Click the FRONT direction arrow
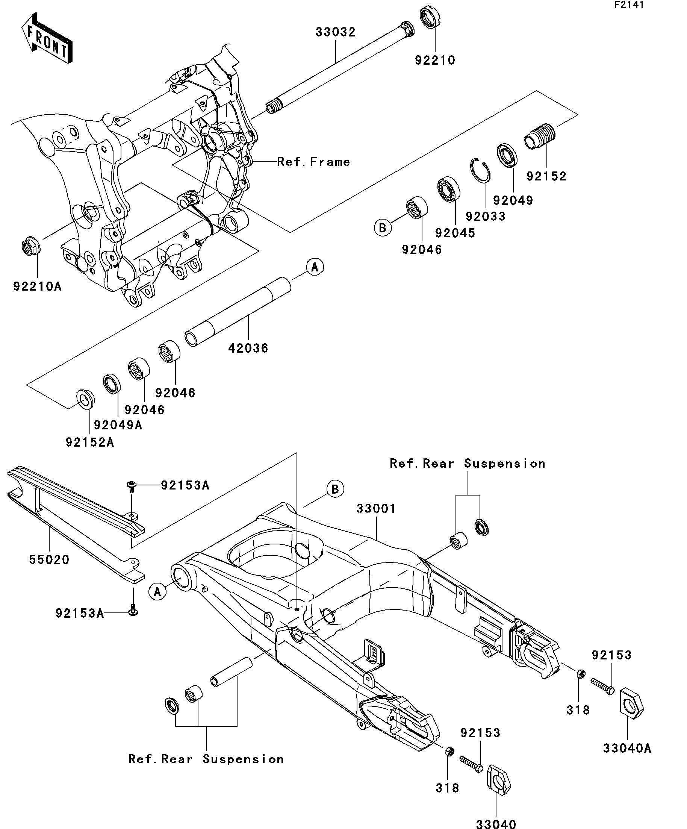(x=47, y=38)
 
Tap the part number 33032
(x=335, y=32)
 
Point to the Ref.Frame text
(x=313, y=161)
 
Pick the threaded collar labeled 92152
(x=539, y=136)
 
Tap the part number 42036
(x=248, y=348)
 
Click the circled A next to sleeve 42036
(x=315, y=267)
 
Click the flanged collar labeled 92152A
(x=85, y=400)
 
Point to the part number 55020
(x=49, y=559)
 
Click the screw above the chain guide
(x=131, y=486)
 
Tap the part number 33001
(x=376, y=508)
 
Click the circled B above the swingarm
(x=334, y=489)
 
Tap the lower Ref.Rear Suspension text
(x=206, y=759)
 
